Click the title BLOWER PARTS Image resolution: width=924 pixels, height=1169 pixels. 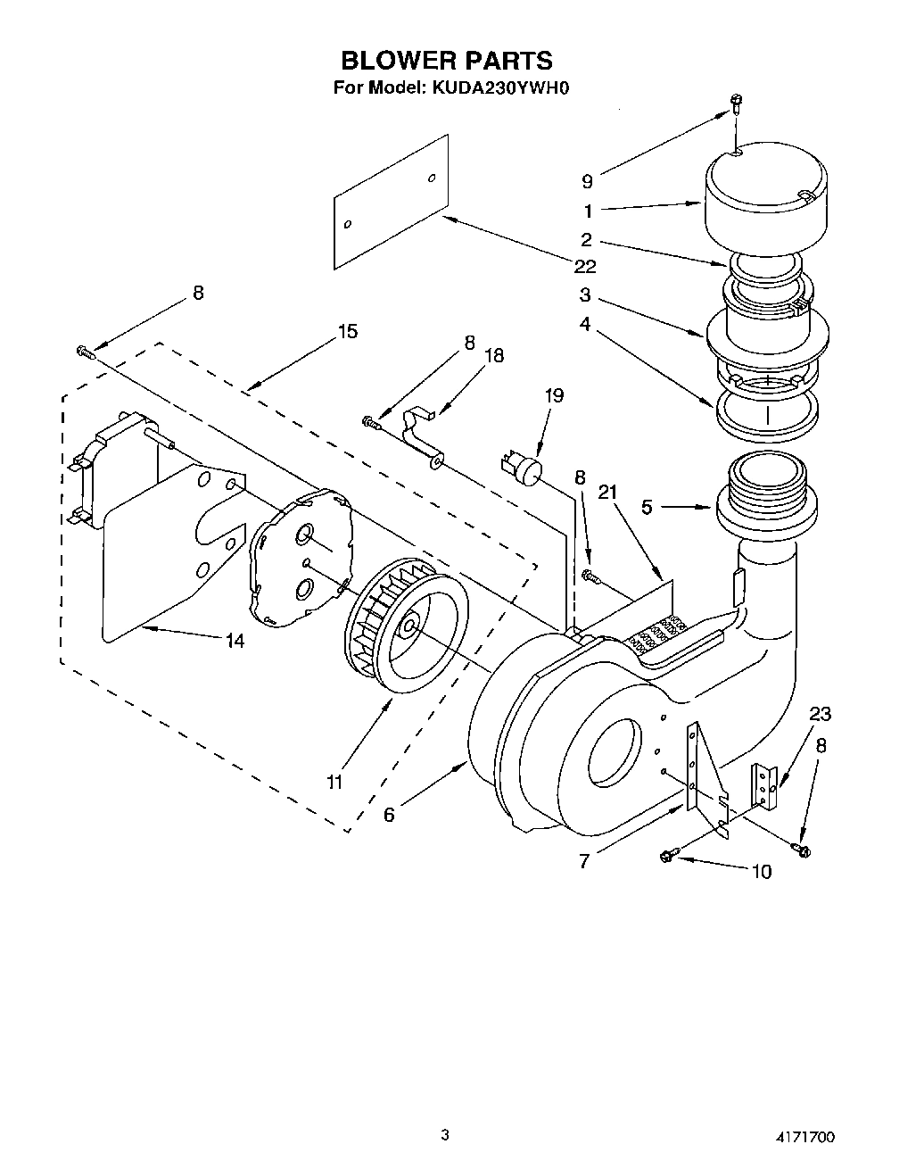447,60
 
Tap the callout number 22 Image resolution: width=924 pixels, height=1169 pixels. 585,266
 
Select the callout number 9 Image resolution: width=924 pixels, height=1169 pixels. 587,181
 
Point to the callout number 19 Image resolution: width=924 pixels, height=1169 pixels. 554,395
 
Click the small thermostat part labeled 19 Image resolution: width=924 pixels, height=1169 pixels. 523,468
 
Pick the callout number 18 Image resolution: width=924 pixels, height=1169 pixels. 493,356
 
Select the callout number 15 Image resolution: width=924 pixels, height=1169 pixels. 347,331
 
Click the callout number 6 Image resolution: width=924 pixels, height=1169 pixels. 389,814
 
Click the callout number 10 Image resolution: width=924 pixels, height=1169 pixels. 761,872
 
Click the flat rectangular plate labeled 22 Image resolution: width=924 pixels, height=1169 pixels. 390,203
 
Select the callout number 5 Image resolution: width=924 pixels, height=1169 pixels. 647,507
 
